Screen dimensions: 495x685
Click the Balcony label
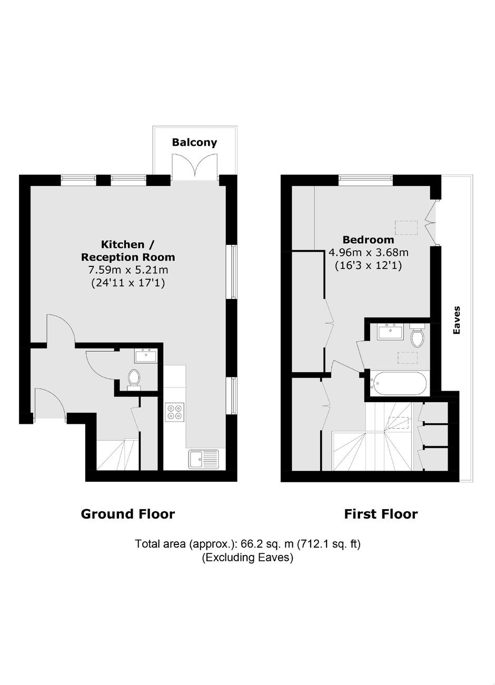[x=194, y=142]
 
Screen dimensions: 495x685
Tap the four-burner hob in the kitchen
[x=175, y=412]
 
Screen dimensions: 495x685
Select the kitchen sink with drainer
[x=203, y=459]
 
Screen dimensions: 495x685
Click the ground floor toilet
[x=134, y=380]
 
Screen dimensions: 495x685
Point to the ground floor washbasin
[x=145, y=355]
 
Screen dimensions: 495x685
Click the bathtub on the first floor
[x=398, y=383]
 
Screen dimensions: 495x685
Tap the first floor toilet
[x=417, y=335]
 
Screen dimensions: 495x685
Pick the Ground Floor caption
[x=128, y=514]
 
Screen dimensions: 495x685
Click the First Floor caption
[x=381, y=514]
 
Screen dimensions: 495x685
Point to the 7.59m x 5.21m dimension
[x=128, y=270]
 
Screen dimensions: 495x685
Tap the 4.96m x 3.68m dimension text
[x=368, y=253]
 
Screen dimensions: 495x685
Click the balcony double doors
[x=195, y=167]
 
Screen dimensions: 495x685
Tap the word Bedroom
[x=368, y=240]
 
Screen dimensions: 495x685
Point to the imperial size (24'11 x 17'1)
[x=128, y=283]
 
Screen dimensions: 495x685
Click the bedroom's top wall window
[x=365, y=180]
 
